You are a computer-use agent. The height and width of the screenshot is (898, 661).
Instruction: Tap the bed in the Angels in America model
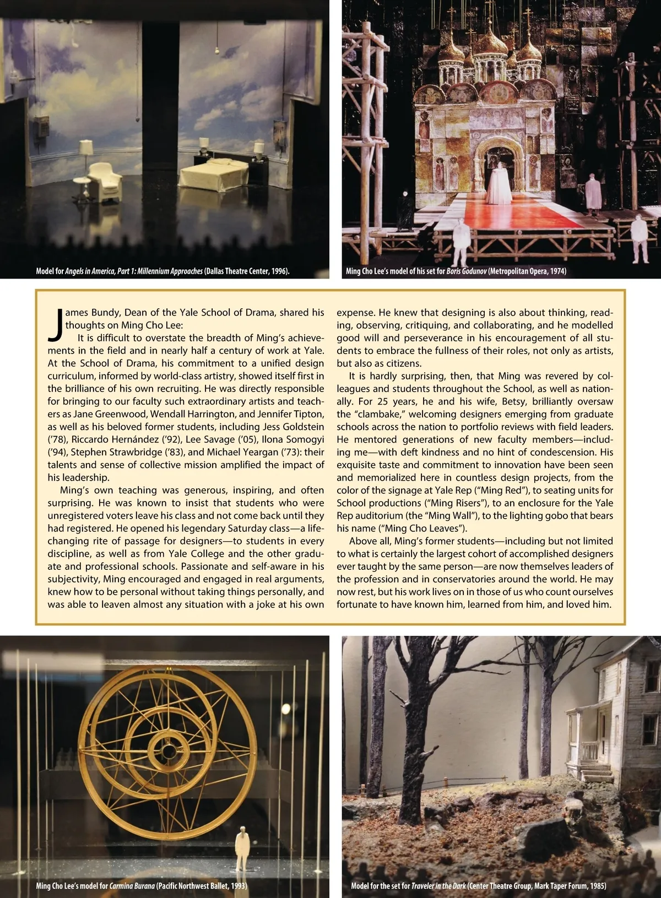(x=219, y=173)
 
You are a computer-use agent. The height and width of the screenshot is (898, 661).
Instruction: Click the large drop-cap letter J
(x=55, y=325)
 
